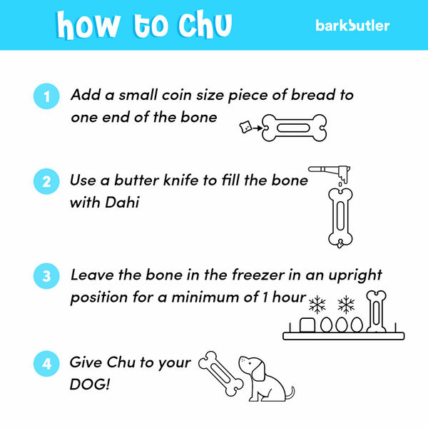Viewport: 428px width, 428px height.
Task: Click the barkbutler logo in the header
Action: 352,26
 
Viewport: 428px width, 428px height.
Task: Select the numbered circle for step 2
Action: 47,182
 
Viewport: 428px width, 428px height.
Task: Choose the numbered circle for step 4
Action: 47,364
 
